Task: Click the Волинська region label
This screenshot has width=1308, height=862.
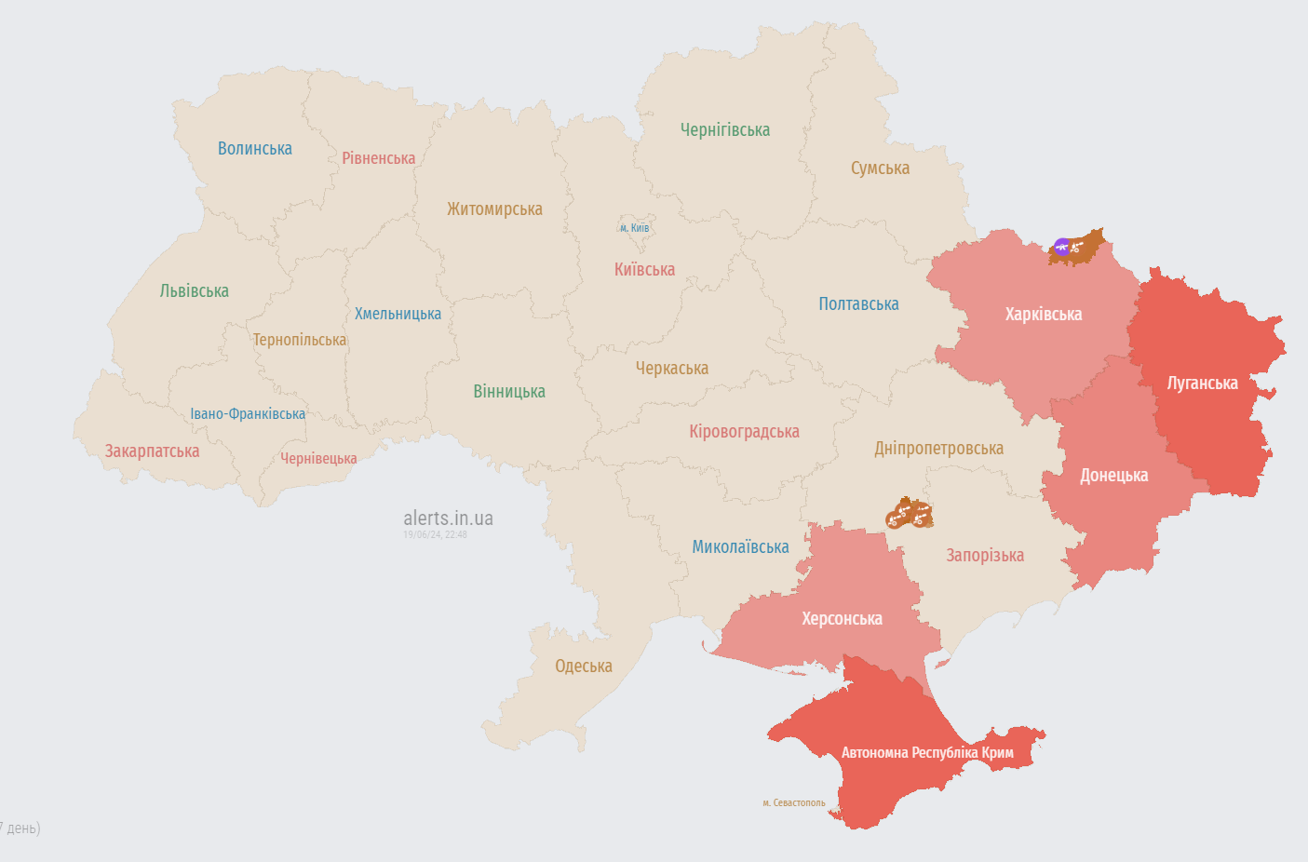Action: (254, 149)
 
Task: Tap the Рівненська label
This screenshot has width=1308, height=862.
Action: (378, 158)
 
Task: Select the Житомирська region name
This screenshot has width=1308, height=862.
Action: (494, 209)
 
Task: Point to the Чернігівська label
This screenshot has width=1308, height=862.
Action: (724, 130)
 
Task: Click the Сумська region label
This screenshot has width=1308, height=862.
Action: (880, 168)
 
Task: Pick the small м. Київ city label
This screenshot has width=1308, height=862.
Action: (635, 228)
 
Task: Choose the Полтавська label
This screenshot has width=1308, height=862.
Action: (858, 304)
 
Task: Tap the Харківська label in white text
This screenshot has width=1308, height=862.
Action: (1043, 315)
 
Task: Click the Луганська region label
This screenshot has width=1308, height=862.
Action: (1202, 384)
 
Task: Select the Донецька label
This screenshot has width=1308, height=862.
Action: (1113, 476)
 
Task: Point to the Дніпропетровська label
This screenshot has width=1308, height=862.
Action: (938, 449)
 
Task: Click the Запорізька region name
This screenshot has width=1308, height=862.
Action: (985, 556)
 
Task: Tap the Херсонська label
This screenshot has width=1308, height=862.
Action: (842, 619)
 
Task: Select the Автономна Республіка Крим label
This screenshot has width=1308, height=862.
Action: (927, 752)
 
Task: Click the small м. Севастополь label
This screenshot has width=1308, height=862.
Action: (793, 802)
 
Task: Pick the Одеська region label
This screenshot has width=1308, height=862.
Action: (583, 667)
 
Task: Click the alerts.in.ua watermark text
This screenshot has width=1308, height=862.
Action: (448, 519)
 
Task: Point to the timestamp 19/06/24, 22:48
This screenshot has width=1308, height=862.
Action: (435, 535)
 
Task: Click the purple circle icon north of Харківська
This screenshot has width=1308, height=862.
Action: (1061, 248)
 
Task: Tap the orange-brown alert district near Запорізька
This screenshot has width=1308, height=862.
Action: (910, 513)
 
